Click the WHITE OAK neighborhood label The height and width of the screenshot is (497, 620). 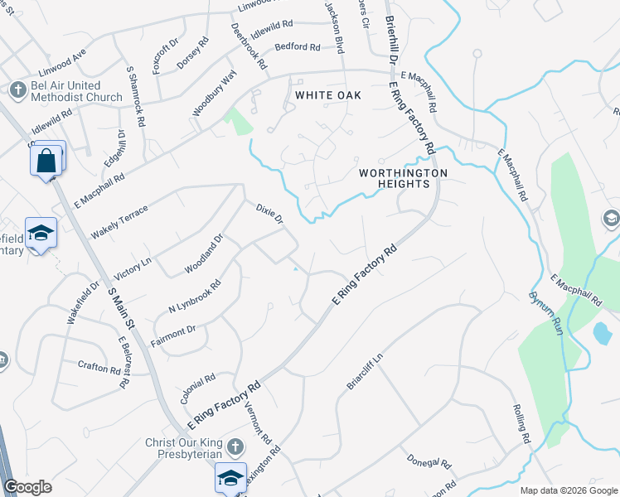tap(328, 96)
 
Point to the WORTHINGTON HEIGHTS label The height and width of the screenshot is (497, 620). tap(403, 178)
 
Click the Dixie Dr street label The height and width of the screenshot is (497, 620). tap(270, 215)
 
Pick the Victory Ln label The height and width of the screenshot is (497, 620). tap(133, 269)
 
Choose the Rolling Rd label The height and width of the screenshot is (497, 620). tap(521, 426)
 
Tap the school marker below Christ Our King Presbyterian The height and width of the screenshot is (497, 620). tap(230, 478)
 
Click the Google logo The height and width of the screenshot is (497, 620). tap(27, 487)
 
